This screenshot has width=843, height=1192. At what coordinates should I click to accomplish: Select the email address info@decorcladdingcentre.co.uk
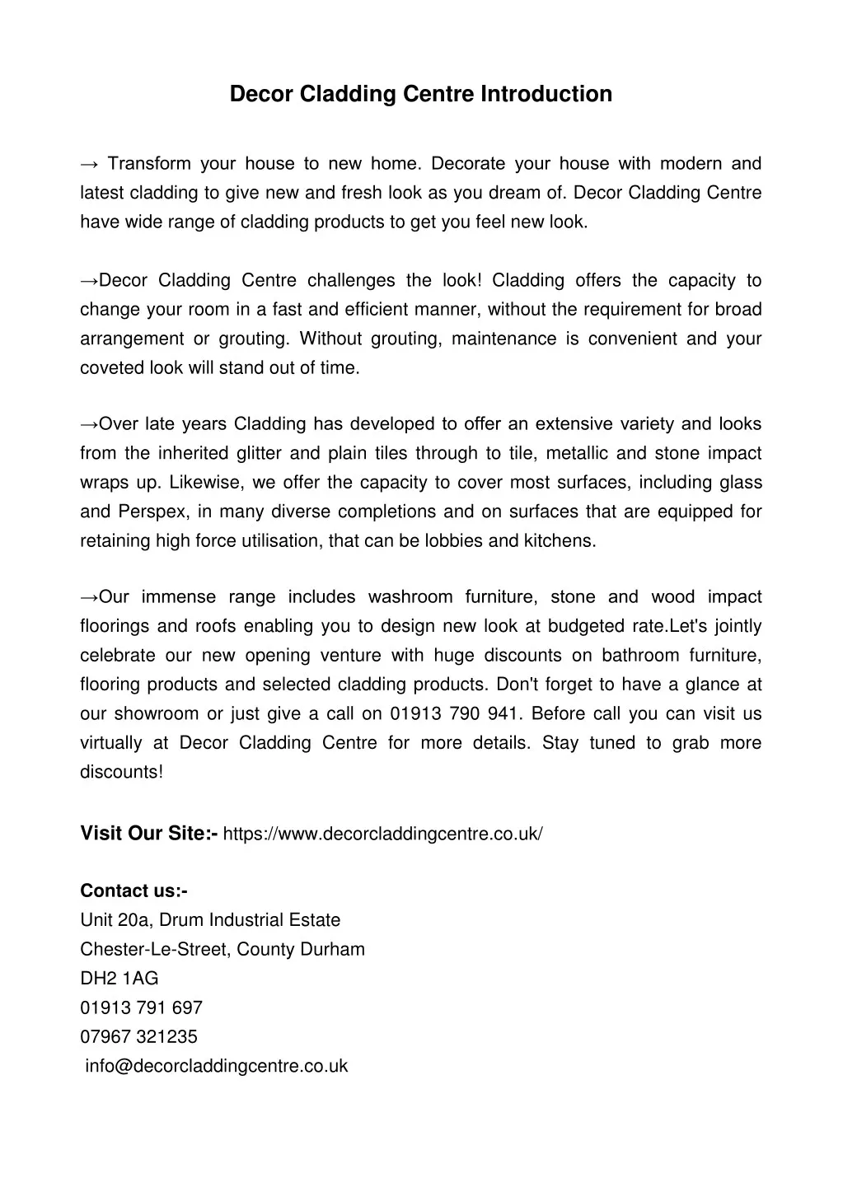(217, 1066)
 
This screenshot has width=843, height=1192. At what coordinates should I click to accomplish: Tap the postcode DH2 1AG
(119, 979)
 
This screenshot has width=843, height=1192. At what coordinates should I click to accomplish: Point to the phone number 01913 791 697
(141, 1007)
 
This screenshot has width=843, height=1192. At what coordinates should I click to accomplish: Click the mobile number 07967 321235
(138, 1036)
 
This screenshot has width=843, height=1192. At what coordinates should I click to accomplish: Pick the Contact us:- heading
(133, 891)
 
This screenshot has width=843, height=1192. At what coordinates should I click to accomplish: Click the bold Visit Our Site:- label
(148, 834)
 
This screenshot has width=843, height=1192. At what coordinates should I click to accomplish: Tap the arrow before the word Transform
(90, 164)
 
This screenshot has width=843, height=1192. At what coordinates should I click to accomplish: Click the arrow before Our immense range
(90, 597)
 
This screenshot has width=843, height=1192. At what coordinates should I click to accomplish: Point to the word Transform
(149, 164)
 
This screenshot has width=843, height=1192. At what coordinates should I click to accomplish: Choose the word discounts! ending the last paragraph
(121, 773)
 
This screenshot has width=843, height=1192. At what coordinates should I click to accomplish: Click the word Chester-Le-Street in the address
(156, 949)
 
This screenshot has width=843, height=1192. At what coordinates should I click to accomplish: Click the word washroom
(410, 597)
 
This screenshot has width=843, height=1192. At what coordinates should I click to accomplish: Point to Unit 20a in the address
(116, 920)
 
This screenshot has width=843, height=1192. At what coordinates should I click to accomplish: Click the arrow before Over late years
(90, 424)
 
